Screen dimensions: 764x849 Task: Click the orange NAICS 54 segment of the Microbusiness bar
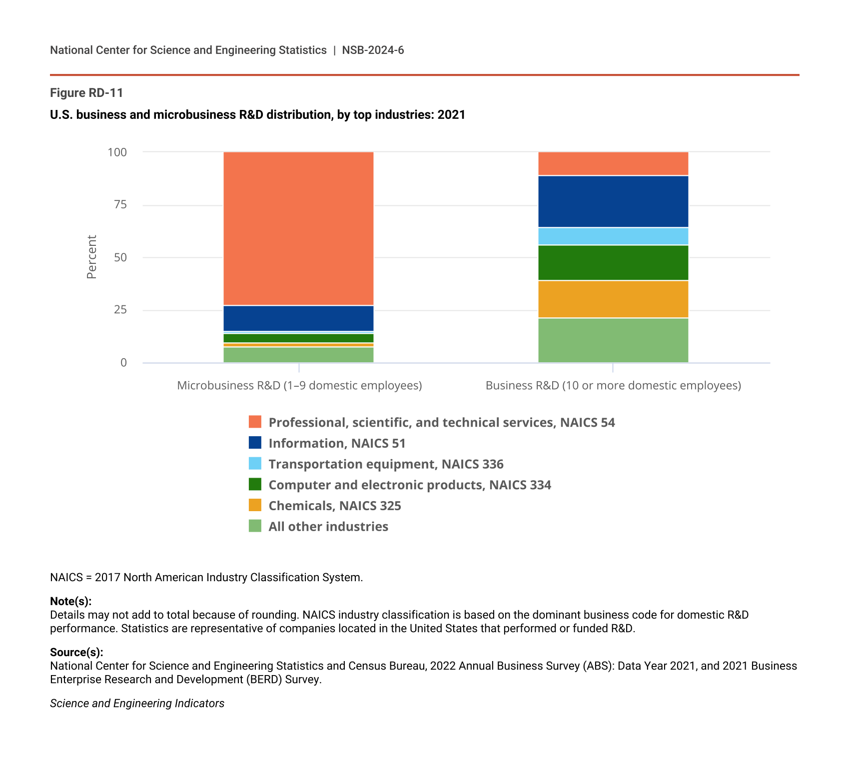298,228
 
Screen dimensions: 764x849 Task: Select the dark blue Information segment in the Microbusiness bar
298,318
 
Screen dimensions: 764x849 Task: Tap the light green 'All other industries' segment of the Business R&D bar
613,340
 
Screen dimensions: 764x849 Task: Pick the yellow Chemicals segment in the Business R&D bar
613,299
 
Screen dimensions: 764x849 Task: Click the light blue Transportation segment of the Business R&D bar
613,236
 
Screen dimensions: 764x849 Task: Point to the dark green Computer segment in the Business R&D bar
613,263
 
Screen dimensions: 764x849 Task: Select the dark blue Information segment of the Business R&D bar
613,202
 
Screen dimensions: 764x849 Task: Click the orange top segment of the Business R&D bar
613,164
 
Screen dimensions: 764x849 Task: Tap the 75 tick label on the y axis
120,205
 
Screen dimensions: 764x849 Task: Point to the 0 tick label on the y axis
123,363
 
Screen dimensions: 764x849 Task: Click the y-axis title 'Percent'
91,257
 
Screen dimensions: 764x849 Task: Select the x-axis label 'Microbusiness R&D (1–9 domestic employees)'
299,386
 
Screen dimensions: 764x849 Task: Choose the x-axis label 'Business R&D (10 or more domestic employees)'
613,386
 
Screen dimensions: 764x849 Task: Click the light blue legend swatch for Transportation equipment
255,464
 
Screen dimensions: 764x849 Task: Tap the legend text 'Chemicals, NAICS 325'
334,506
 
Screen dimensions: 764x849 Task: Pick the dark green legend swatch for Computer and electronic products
255,485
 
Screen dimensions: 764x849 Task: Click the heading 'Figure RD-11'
86,93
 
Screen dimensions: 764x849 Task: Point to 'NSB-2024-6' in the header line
373,50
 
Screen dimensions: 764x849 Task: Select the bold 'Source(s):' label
76,652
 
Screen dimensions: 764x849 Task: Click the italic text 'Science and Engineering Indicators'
137,704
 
